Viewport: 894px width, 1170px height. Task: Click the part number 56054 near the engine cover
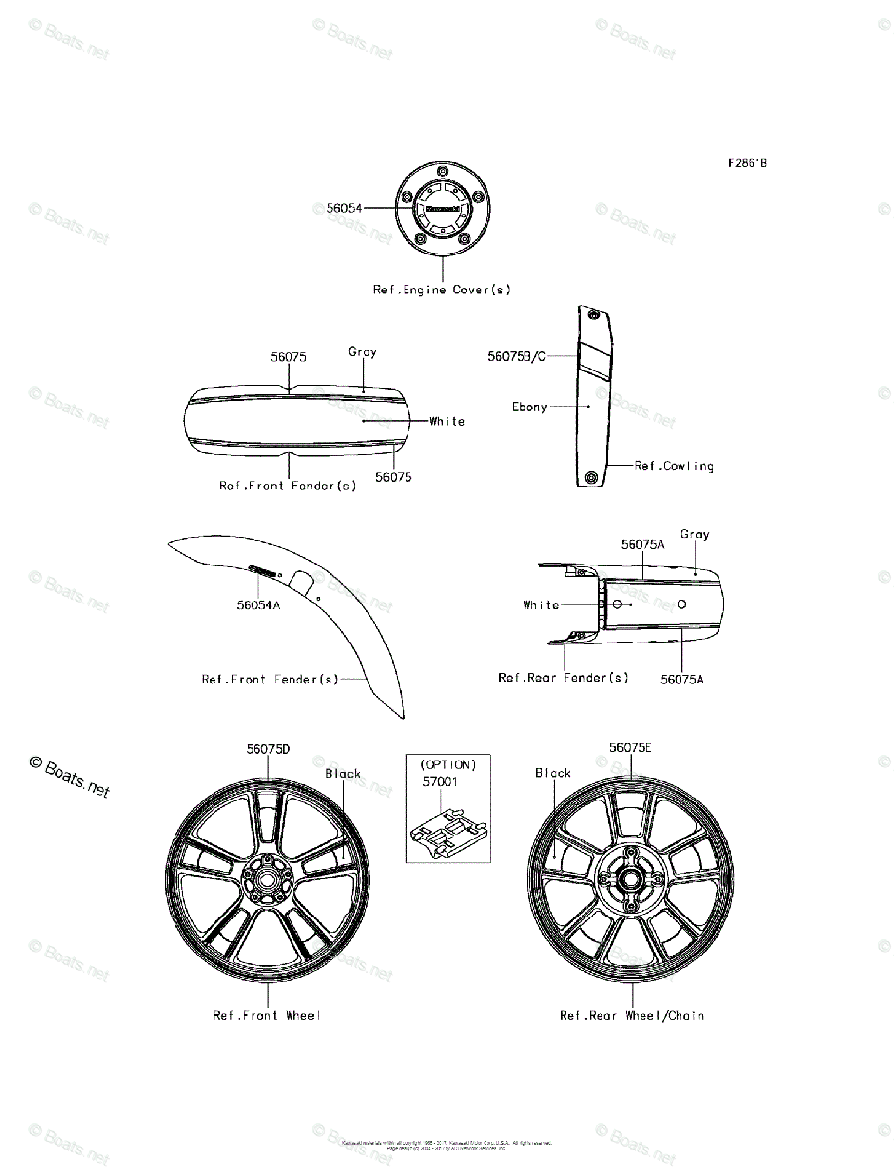tap(343, 208)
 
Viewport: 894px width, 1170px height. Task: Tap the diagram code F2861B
tap(746, 164)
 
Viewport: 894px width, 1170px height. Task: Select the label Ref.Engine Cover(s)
tap(442, 290)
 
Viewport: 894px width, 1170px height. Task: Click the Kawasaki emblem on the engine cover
tap(442, 209)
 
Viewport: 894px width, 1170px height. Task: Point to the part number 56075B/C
tap(517, 357)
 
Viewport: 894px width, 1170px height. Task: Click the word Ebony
tap(529, 407)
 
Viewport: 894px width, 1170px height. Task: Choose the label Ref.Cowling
tap(674, 466)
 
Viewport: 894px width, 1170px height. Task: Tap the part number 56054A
tap(257, 605)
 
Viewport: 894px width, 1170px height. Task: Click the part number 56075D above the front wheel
tap(268, 749)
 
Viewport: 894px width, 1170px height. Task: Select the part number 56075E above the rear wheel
tap(631, 748)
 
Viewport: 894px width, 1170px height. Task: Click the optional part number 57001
tap(440, 782)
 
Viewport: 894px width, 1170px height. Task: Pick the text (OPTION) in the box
tap(447, 765)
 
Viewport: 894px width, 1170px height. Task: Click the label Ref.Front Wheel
tap(267, 1016)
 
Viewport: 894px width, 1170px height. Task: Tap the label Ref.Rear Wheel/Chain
tap(632, 1016)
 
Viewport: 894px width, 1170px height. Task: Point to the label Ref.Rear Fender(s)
tap(564, 678)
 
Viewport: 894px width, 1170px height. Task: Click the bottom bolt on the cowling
tap(591, 476)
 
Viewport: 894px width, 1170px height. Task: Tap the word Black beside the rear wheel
tap(553, 773)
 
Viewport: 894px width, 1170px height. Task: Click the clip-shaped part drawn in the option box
tap(447, 831)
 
